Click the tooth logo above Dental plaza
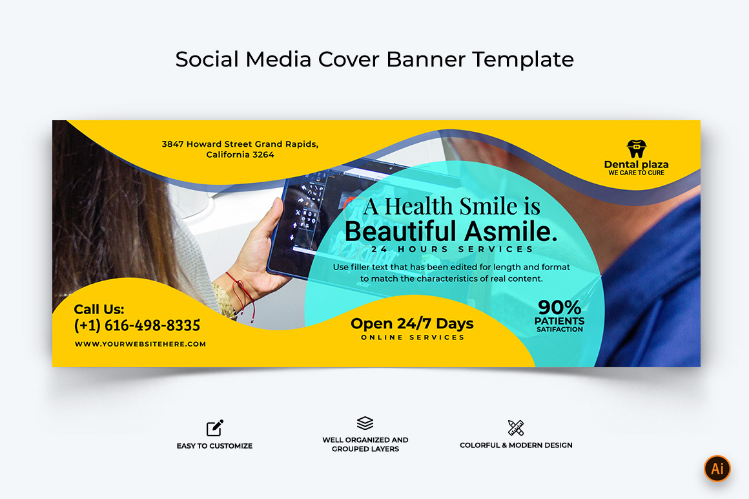636,149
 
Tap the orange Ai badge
717,469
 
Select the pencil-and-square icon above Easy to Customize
215,428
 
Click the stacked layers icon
365,423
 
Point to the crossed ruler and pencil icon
516,428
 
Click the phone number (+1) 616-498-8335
137,326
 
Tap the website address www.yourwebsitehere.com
141,344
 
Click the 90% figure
559,307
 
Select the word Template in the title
523,59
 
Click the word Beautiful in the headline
400,232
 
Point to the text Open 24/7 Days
412,324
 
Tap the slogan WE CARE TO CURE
636,173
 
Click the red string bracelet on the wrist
243,294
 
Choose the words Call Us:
99,309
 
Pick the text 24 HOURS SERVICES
452,249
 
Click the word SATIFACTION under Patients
559,329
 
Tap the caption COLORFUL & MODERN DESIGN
516,445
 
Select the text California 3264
240,154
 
